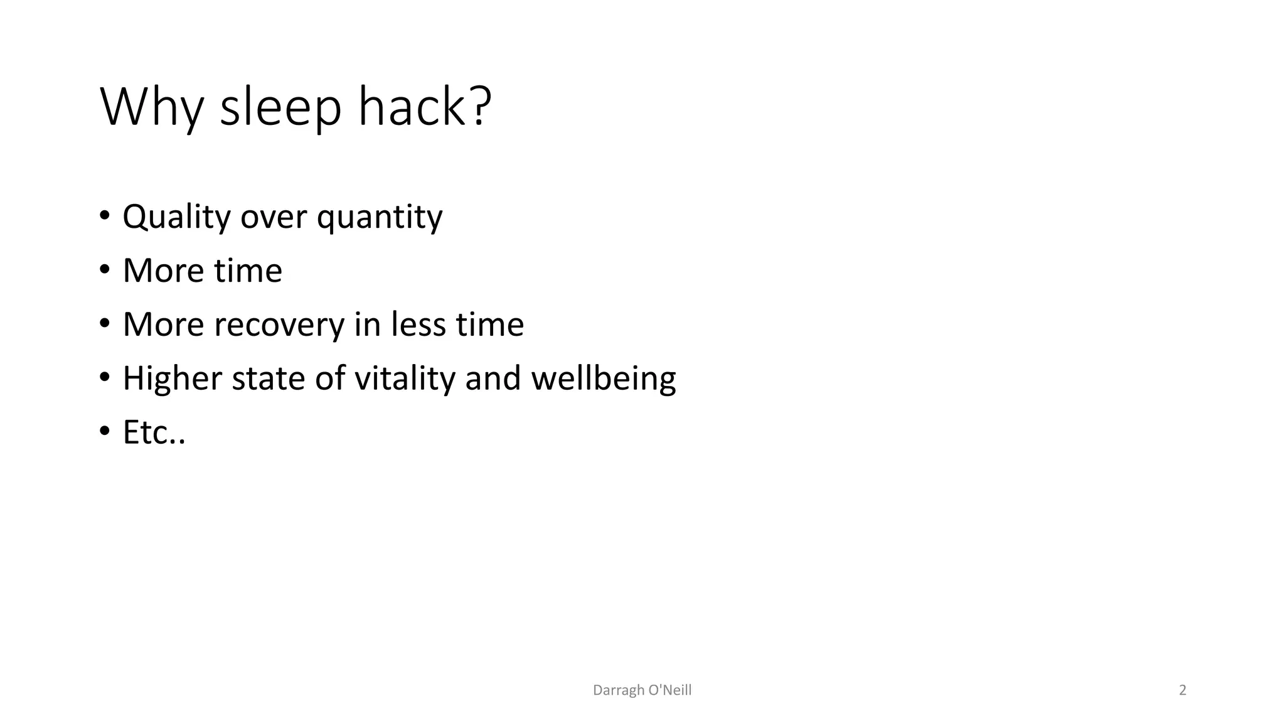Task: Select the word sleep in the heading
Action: pyautogui.click(x=280, y=108)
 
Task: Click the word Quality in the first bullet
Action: pyautogui.click(x=177, y=217)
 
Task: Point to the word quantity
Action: pyautogui.click(x=380, y=217)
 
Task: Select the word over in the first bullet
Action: pyautogui.click(x=274, y=217)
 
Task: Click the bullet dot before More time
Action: pyautogui.click(x=104, y=270)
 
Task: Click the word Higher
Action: pyautogui.click(x=173, y=378)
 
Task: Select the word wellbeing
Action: pyautogui.click(x=604, y=378)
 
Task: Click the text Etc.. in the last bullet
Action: pyautogui.click(x=154, y=432)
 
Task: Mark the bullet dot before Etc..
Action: pyautogui.click(x=104, y=432)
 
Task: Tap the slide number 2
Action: pyautogui.click(x=1183, y=690)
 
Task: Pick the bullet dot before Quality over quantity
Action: pyautogui.click(x=104, y=217)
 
